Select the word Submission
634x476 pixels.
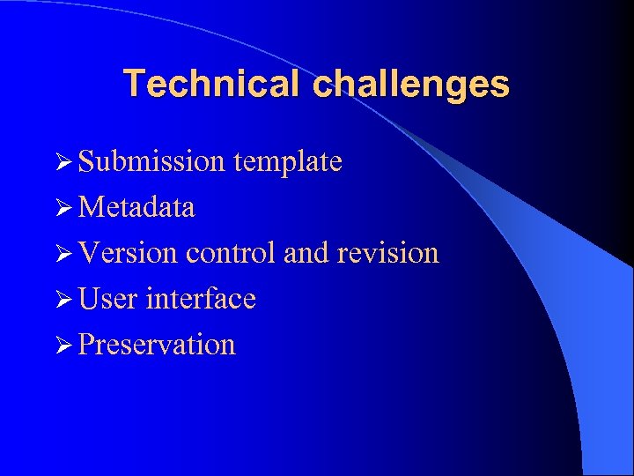[151, 161]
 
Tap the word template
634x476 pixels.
[287, 161]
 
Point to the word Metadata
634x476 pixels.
[136, 207]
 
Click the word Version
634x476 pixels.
[128, 253]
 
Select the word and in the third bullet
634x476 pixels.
[306, 253]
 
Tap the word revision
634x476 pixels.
[387, 253]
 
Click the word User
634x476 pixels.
[107, 299]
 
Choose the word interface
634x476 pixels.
[201, 299]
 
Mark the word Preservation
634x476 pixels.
[157, 345]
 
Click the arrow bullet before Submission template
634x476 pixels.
[61, 162]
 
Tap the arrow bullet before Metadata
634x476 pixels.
[61, 208]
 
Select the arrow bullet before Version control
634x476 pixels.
[61, 254]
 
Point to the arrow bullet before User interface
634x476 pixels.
[61, 300]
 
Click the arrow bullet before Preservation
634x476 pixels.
[61, 346]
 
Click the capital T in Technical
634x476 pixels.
[134, 85]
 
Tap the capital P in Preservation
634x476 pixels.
[85, 345]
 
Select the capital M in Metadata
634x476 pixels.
[90, 207]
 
